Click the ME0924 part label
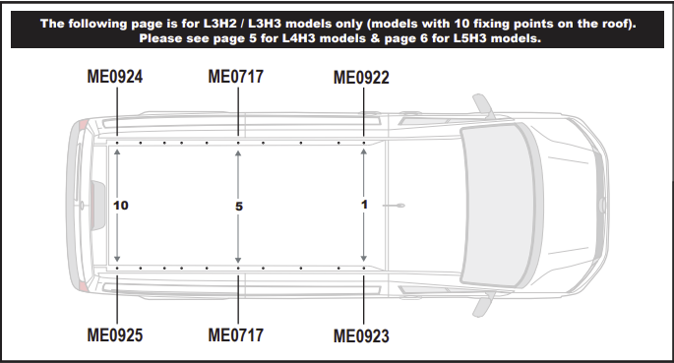(115, 77)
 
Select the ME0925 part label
(115, 335)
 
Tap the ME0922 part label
(361, 78)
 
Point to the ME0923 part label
(361, 336)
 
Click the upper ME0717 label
(235, 77)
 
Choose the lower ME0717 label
(235, 335)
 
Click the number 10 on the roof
(121, 206)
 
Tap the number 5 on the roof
(239, 207)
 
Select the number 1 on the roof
(364, 205)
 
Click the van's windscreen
(499, 206)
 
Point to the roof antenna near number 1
(394, 206)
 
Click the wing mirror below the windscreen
(483, 304)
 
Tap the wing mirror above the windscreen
(483, 106)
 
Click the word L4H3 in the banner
(298, 38)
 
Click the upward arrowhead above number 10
(117, 152)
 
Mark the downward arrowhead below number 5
(238, 260)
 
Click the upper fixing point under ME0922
(364, 143)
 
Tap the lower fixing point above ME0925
(117, 268)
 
